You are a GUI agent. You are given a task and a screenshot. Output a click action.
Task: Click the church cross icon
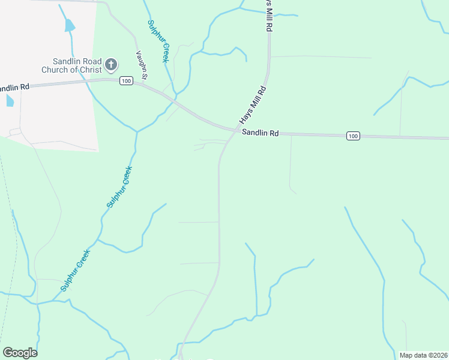point(111,64)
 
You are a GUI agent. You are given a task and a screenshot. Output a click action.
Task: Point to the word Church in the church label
point(55,70)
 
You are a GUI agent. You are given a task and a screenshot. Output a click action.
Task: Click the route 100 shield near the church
point(125,81)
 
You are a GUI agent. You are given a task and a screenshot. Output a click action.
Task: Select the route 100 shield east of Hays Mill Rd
point(353,137)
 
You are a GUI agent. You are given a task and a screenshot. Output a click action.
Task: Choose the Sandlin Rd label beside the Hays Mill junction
point(261,133)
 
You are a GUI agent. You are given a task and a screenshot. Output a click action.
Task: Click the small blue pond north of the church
point(70,25)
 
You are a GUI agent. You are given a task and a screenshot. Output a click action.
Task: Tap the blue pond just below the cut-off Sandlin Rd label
point(10,100)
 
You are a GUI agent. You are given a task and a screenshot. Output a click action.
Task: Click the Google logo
point(20,353)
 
